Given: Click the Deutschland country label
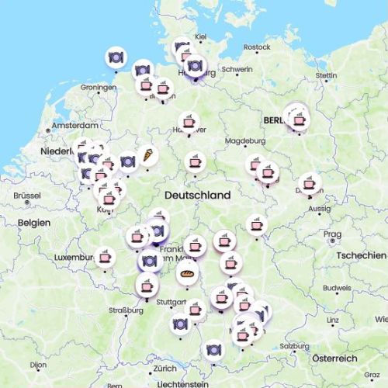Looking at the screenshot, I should point(197,196).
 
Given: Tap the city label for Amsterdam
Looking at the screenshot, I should point(74,126).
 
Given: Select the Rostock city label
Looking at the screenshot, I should point(257,47).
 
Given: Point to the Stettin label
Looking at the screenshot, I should point(326,75).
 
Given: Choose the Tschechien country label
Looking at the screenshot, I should point(362,255).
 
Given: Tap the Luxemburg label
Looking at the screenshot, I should point(74,257).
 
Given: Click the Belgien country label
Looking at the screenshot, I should point(34,223).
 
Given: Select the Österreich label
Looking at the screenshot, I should point(334,358).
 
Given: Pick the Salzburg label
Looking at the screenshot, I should point(294,346).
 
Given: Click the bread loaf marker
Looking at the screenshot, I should point(187,272).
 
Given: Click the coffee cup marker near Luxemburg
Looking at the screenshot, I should point(105,256).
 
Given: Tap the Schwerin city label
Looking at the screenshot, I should point(237,69).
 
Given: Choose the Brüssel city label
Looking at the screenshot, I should point(27,196).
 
